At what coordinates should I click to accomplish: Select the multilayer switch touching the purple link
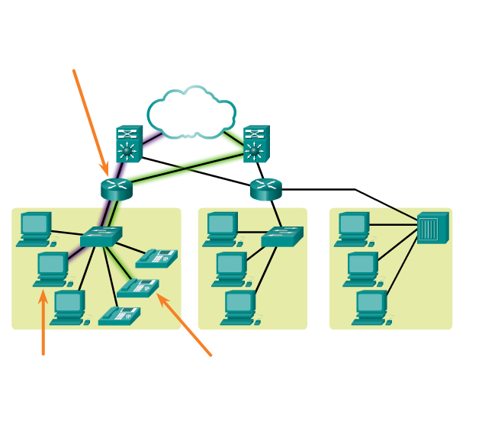129,144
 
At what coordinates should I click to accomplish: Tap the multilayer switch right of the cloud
256,144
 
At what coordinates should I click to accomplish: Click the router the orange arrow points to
117,189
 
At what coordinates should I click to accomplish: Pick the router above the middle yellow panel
266,189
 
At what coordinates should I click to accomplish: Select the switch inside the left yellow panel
101,236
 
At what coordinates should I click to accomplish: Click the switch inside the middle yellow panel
282,236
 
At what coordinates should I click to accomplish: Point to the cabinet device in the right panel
432,228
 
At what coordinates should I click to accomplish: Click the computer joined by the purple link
52,269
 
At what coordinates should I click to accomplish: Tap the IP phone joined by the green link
138,288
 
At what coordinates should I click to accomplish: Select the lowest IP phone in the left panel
120,315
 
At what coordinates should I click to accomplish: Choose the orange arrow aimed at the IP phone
185,325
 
